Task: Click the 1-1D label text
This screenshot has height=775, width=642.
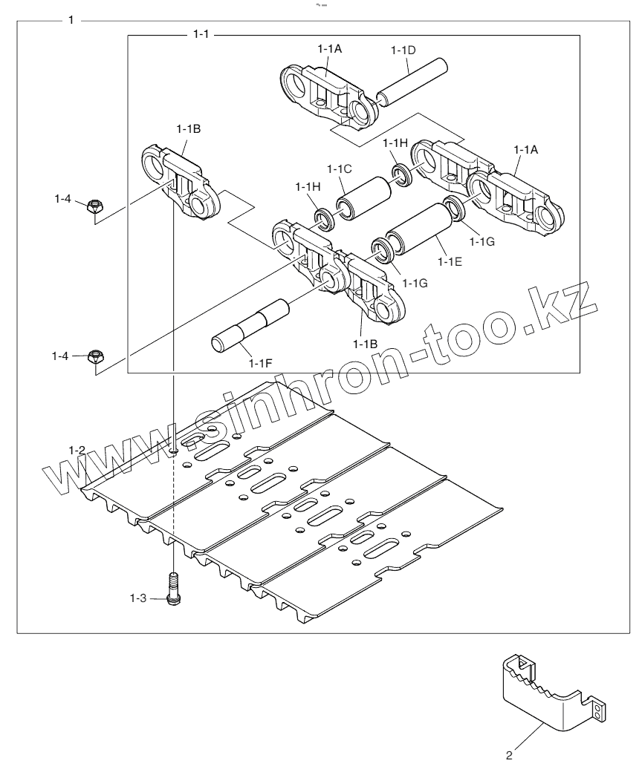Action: pos(402,50)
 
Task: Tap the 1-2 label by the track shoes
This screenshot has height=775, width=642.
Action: pos(77,450)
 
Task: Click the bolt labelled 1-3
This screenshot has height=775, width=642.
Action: pos(173,589)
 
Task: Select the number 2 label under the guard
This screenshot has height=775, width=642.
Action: pos(508,756)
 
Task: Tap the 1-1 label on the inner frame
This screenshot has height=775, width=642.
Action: pos(199,34)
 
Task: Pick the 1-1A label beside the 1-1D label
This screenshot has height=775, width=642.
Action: pos(329,48)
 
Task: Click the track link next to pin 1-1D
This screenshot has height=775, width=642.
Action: pos(325,93)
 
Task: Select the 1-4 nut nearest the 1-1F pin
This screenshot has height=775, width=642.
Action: pos(94,357)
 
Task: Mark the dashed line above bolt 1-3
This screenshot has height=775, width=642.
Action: pos(173,520)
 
